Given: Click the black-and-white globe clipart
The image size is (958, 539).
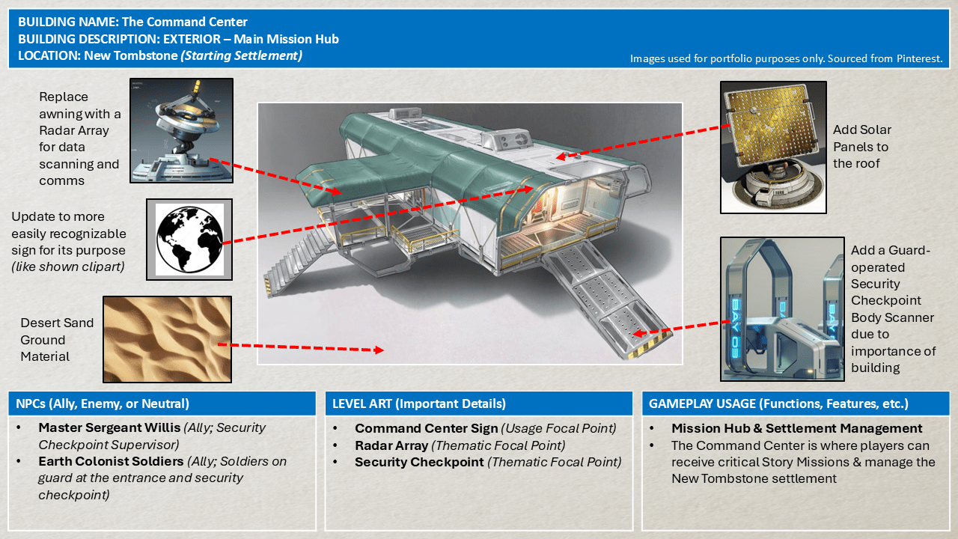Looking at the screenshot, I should [x=189, y=239].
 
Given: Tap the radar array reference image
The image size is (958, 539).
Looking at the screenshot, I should [x=182, y=131].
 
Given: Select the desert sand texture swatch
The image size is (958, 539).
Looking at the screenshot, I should [x=167, y=339].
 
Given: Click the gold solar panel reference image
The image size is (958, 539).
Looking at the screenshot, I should [x=773, y=148].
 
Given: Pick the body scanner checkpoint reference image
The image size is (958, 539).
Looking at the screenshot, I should [x=782, y=309].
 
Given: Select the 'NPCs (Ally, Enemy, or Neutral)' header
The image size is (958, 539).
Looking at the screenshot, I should [x=103, y=404].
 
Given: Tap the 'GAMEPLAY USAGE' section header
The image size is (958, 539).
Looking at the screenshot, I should [x=778, y=404].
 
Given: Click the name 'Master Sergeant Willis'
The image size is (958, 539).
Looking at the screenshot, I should [x=109, y=428].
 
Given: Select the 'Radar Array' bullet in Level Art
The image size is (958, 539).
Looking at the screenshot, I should [x=391, y=445].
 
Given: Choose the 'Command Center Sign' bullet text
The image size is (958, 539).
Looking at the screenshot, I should [x=426, y=428].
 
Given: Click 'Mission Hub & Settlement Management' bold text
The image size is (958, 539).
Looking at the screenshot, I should [x=796, y=428].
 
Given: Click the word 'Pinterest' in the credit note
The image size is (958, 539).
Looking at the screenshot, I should [x=918, y=58].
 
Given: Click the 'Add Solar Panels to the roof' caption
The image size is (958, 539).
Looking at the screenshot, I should [x=861, y=146].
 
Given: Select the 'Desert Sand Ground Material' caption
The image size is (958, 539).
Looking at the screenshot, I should [x=57, y=340].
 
